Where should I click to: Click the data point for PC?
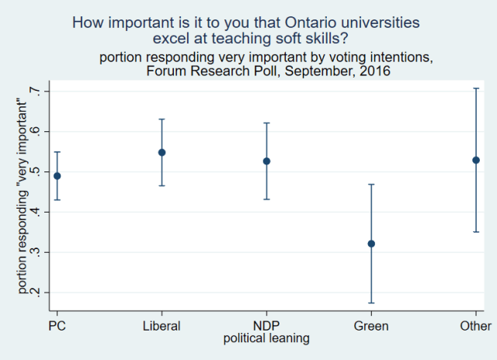click(x=57, y=176)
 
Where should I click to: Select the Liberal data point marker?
click(x=162, y=152)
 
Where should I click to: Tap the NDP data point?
click(x=266, y=161)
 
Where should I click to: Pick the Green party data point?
click(x=371, y=244)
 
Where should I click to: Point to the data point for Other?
click(x=476, y=160)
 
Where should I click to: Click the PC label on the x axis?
click(x=57, y=327)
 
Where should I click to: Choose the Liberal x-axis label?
click(x=162, y=327)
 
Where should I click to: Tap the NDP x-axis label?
click(x=266, y=327)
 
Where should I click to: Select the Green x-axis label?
click(x=371, y=327)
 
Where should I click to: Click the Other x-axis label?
click(x=475, y=327)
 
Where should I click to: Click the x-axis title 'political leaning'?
click(x=266, y=338)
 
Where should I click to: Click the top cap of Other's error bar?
click(x=476, y=88)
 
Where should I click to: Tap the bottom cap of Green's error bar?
click(x=371, y=303)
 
